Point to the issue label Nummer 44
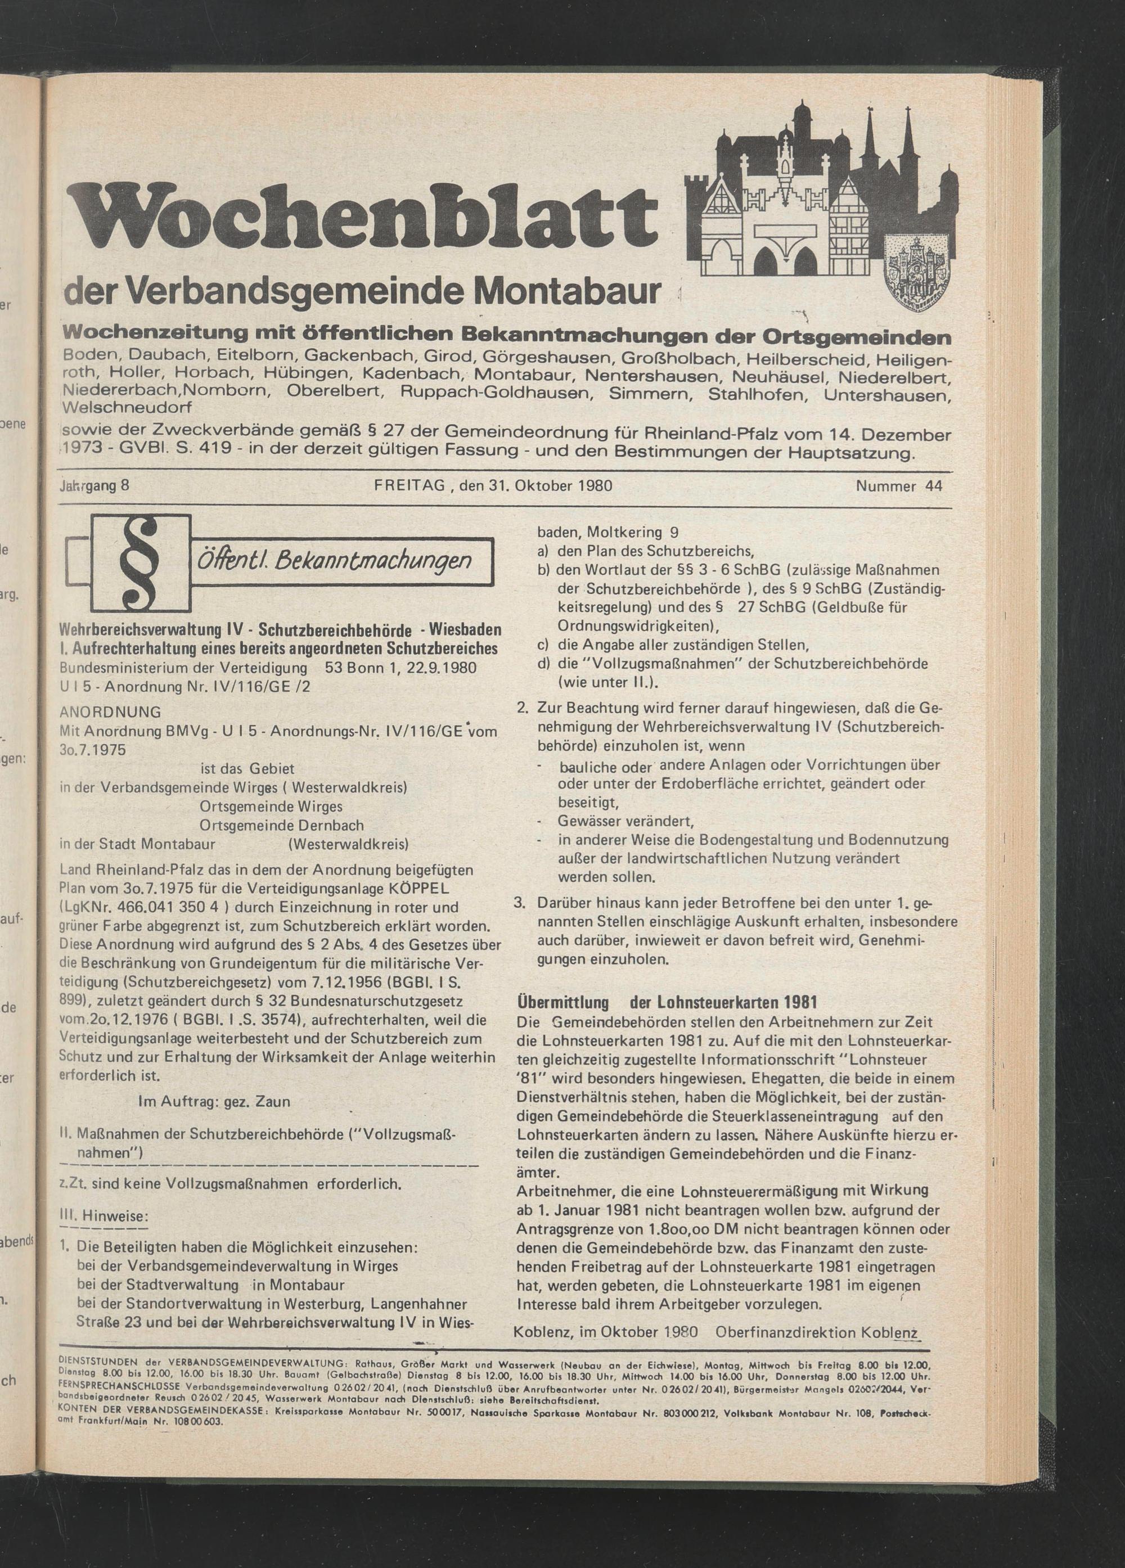tap(899, 486)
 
